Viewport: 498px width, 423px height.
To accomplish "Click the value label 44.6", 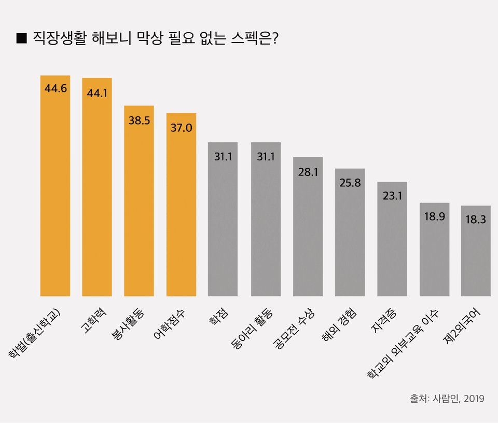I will coord(56,88).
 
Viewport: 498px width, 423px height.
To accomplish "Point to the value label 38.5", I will coord(139,120).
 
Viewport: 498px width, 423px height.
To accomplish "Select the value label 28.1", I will coord(308,171).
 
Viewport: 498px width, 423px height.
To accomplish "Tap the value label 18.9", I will coord(434,216).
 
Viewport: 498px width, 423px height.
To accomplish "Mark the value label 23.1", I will coord(392,196).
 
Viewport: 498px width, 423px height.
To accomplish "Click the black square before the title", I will coord(21,38).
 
